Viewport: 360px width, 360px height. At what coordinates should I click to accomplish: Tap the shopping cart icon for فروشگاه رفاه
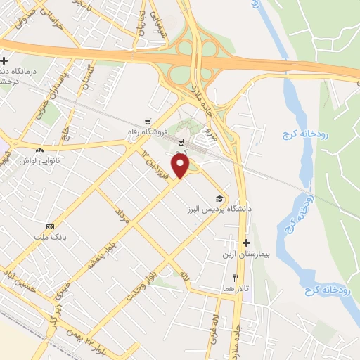[x=148, y=121]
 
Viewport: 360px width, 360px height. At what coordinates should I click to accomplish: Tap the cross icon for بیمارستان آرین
[x=246, y=243]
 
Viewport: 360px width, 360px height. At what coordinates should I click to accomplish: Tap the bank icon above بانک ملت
[x=49, y=227]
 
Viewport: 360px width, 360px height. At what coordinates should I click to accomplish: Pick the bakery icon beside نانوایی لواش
[x=39, y=149]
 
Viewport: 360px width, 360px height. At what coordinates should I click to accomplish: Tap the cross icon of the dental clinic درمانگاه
[x=4, y=61]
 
